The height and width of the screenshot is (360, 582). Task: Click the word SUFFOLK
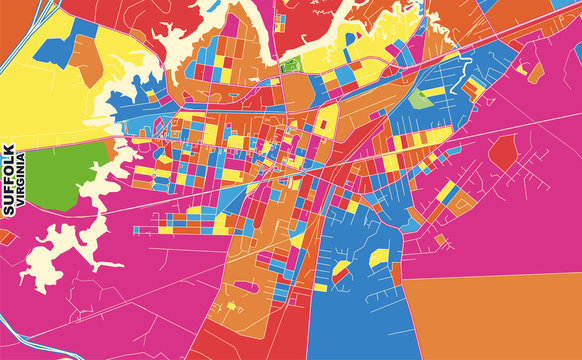9,178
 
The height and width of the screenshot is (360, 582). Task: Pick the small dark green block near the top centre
291,66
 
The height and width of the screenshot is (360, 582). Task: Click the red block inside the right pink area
503,150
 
